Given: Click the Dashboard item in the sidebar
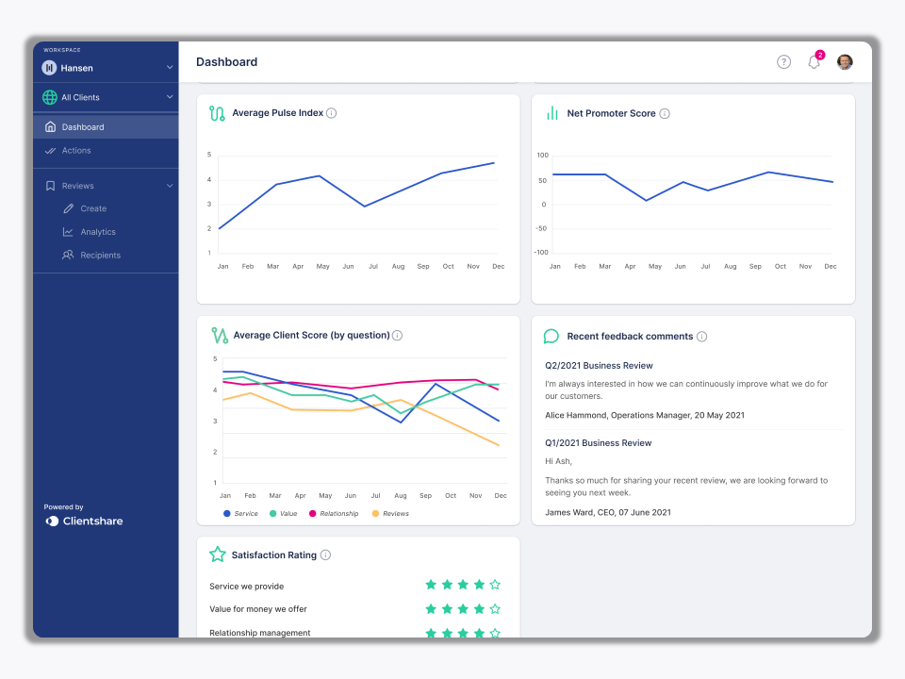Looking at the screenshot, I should (82, 127).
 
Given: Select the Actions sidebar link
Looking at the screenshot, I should (75, 151).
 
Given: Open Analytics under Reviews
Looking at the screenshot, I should (97, 232).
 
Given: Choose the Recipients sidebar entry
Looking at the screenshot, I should (100, 256).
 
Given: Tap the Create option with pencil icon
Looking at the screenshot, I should (92, 208).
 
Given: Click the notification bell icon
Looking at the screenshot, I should (814, 62).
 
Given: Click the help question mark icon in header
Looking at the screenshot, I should (783, 62).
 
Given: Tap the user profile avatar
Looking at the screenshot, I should (845, 62).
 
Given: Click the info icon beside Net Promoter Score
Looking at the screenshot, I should (665, 114).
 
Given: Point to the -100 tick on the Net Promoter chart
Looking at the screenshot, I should (541, 253).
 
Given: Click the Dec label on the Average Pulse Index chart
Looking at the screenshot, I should (499, 267).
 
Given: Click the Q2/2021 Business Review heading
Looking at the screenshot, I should (599, 366).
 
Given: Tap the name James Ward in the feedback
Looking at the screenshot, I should (568, 512).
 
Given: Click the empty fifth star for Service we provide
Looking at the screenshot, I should (495, 585).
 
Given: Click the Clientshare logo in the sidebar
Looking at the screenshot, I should (84, 521).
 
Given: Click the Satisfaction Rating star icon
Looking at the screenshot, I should (218, 555).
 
